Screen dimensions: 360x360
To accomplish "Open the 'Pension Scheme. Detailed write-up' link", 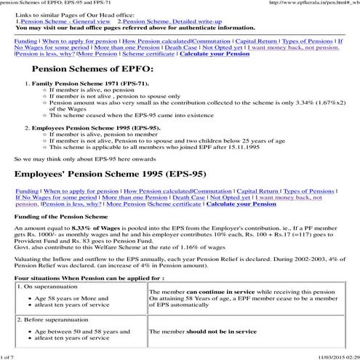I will (x=167, y=23).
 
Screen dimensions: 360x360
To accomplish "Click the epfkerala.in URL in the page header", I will (x=312, y=4).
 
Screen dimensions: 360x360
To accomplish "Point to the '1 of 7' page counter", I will (x=9, y=356).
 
